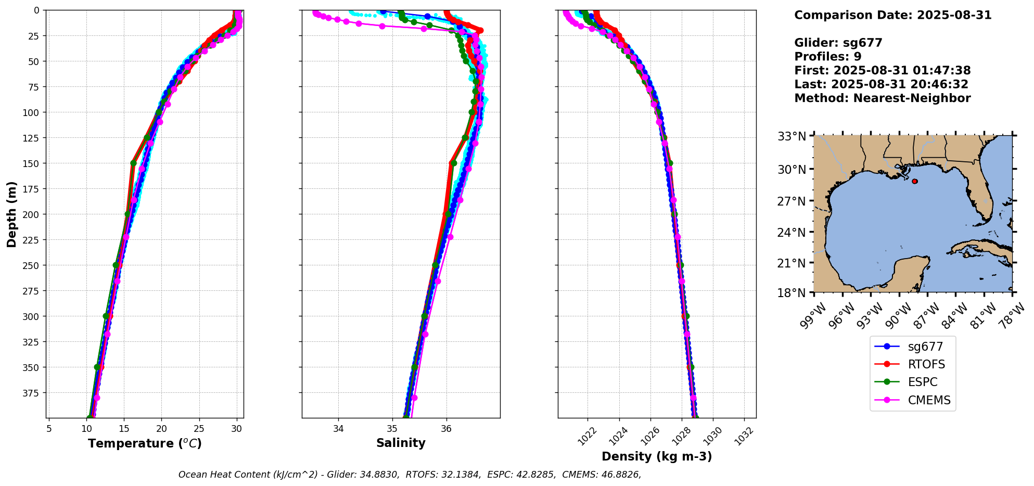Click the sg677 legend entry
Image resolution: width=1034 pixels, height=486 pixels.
[924, 347]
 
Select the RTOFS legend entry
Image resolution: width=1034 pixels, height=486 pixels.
[926, 364]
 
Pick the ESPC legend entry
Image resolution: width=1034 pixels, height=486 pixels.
[922, 382]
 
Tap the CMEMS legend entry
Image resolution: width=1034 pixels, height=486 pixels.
[929, 400]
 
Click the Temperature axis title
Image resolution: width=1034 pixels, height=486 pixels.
[145, 443]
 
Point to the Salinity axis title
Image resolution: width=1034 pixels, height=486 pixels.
[401, 443]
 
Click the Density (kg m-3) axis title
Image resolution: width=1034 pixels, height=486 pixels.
[657, 456]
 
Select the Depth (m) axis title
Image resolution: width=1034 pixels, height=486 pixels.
[12, 214]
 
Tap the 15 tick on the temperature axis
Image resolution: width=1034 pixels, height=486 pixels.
[124, 429]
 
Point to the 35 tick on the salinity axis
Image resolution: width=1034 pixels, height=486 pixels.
[392, 429]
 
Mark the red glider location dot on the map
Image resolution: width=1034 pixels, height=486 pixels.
[915, 181]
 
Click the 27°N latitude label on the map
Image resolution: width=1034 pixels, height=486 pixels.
[792, 201]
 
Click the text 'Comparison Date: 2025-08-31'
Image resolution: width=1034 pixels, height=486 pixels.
[892, 15]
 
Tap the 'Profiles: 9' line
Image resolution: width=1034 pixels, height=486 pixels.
[827, 57]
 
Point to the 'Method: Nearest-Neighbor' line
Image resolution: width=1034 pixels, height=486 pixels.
[882, 98]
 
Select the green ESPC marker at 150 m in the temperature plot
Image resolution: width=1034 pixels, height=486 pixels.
[133, 163]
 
